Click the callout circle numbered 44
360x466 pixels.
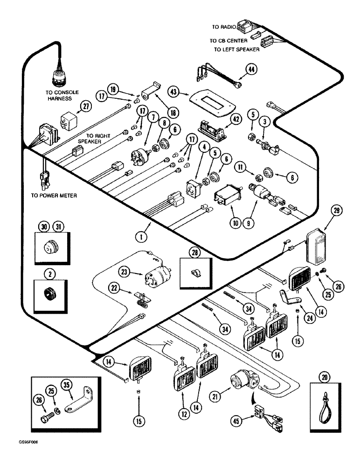(250, 70)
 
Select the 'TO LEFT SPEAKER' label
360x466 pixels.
(237, 49)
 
